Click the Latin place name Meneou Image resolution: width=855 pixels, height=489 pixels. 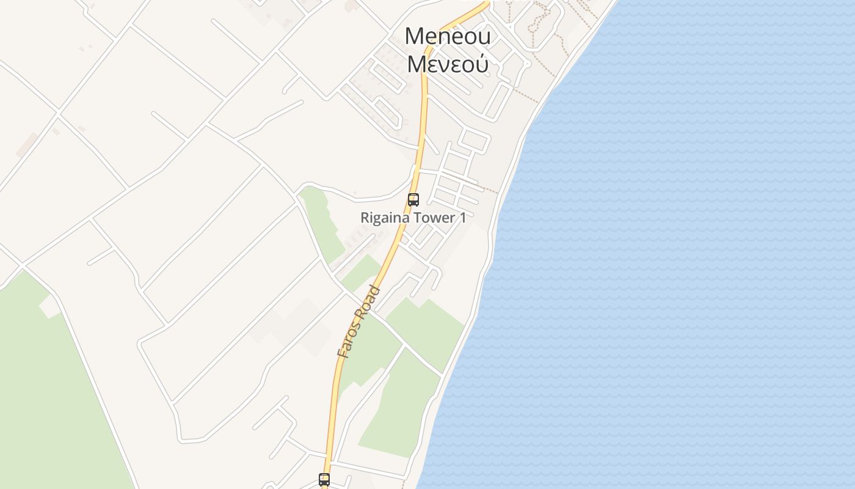(447, 37)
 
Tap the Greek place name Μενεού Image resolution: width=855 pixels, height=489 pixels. (447, 64)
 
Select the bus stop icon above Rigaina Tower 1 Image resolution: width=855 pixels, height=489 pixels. (413, 199)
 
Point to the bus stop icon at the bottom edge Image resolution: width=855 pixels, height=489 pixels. (324, 480)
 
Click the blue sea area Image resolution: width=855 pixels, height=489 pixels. (672, 244)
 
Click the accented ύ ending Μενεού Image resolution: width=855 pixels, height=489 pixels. (481, 64)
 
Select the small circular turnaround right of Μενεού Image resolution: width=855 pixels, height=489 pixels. (528, 63)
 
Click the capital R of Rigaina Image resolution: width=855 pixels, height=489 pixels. (365, 218)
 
